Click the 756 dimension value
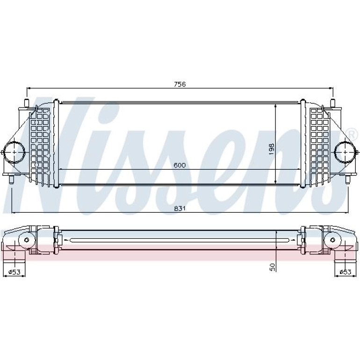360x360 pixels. (180, 84)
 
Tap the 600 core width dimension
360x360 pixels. (180, 166)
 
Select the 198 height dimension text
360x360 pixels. (271, 149)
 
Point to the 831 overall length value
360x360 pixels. (180, 208)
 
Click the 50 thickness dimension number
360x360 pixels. (272, 267)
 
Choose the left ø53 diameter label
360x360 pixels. (14, 272)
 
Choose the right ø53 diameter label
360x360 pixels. (346, 272)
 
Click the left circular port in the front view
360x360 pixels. (14, 152)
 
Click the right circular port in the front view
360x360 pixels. (346, 152)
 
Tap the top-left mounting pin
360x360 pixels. (27, 103)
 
